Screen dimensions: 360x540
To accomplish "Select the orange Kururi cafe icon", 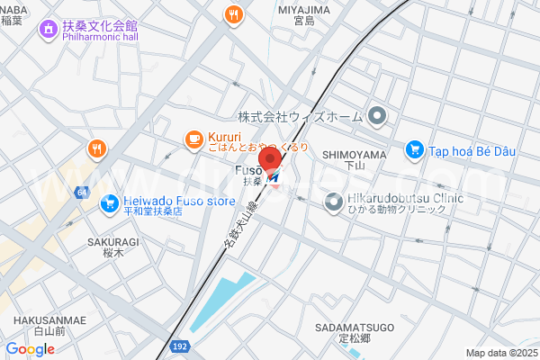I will (x=193, y=138).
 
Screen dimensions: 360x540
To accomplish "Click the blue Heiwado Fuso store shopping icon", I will (x=109, y=204).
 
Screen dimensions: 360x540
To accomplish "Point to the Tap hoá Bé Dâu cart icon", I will (x=414, y=149).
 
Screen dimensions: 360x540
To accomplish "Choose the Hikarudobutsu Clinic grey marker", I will (x=333, y=204).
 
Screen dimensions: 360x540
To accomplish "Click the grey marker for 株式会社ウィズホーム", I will (x=377, y=116).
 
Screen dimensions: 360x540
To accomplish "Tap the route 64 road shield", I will (x=83, y=193).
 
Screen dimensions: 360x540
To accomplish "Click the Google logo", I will (x=30, y=349).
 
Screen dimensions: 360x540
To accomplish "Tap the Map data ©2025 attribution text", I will (x=499, y=353).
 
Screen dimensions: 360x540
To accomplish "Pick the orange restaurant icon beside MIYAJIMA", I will (x=234, y=13).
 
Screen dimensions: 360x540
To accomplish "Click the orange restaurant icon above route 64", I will (x=96, y=148).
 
